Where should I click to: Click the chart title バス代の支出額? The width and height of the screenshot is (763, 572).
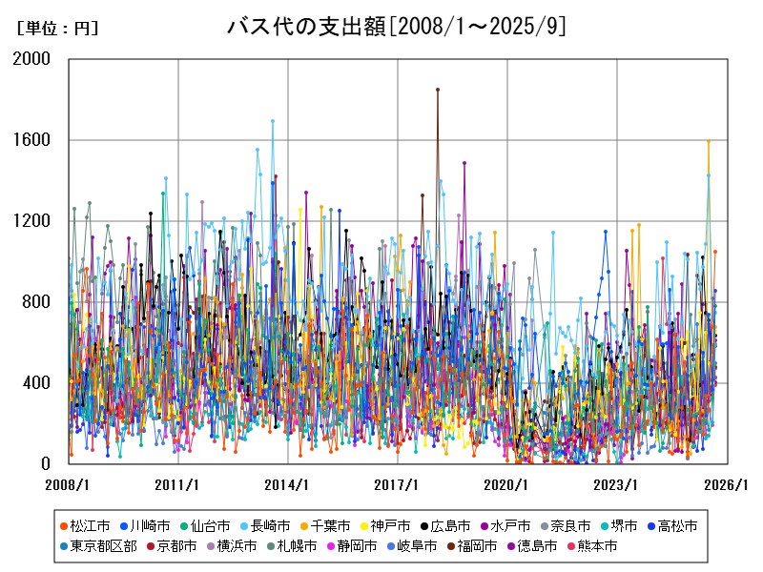pyautogui.click(x=396, y=27)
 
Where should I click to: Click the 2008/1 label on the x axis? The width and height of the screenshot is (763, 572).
pyautogui.click(x=69, y=484)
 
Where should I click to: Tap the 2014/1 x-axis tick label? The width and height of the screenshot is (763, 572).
pyautogui.click(x=288, y=484)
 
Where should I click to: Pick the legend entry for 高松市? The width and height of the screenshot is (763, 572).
pyautogui.click(x=678, y=525)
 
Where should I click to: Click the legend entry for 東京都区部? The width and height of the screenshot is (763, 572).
pyautogui.click(x=104, y=546)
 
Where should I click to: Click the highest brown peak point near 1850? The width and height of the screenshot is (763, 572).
pyautogui.click(x=438, y=90)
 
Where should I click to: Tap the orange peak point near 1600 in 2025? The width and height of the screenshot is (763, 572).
pyautogui.click(x=708, y=141)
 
